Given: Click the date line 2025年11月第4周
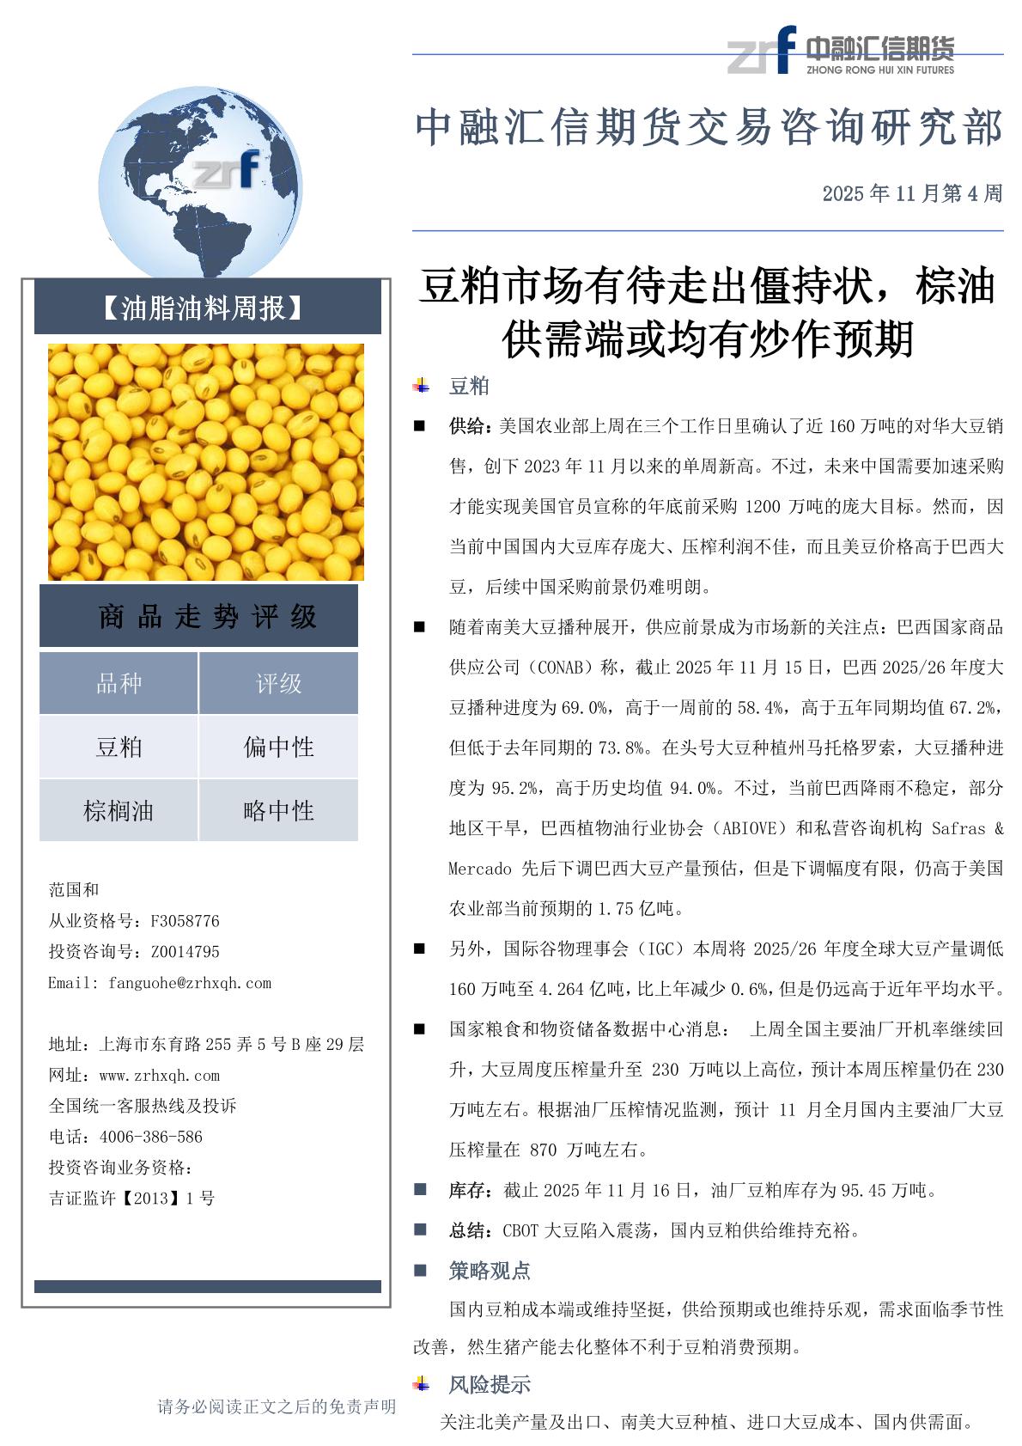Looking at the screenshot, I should point(911,193).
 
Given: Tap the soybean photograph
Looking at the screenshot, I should point(206,462).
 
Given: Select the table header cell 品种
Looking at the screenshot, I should point(119,683).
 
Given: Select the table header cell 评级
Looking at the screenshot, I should point(278,683).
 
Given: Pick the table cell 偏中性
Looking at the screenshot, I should point(278,747).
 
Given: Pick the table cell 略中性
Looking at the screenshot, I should point(278,810).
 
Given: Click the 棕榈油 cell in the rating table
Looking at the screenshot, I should point(119,810).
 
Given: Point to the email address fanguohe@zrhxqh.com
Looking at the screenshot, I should point(190,983).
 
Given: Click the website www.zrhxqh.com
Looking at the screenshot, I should point(160,1075).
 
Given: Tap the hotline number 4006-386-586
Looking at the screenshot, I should point(151,1137).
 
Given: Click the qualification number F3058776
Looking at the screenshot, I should point(185,921).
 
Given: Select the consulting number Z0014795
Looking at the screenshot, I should point(185,952).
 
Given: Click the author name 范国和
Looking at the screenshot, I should point(74,890).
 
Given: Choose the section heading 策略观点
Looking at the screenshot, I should point(490,1270).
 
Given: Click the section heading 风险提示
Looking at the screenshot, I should point(490,1384).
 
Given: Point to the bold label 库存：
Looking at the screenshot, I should point(471,1190).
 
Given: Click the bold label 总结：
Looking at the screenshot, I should point(471,1230).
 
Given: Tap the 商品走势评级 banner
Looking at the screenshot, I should point(206,616).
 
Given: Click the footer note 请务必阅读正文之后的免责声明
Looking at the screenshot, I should point(277,1406).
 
